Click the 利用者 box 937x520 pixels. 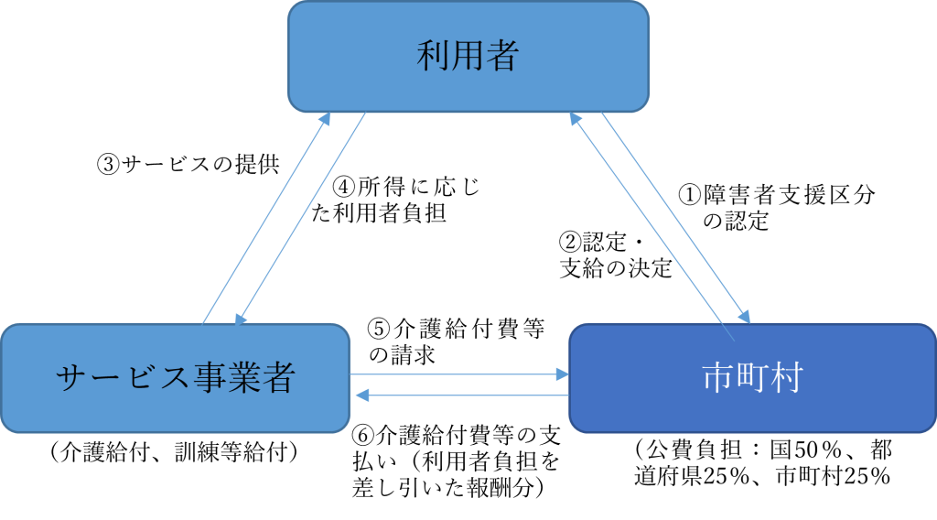468,56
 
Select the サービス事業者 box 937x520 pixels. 175,377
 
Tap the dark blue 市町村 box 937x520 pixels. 752,377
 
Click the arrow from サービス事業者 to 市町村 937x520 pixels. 458,374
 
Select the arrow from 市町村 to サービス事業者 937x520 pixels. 462,395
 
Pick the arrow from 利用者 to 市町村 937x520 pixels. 677,220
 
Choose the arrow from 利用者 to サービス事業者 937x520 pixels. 302,220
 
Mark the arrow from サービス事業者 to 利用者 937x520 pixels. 265,220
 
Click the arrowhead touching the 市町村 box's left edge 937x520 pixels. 561,374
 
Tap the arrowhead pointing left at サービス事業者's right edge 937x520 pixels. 361,395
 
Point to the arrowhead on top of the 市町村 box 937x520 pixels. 745,316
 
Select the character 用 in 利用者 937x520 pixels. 468,56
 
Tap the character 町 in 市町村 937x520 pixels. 752,377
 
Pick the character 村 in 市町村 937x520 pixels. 786,377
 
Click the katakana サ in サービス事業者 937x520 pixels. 71,378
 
